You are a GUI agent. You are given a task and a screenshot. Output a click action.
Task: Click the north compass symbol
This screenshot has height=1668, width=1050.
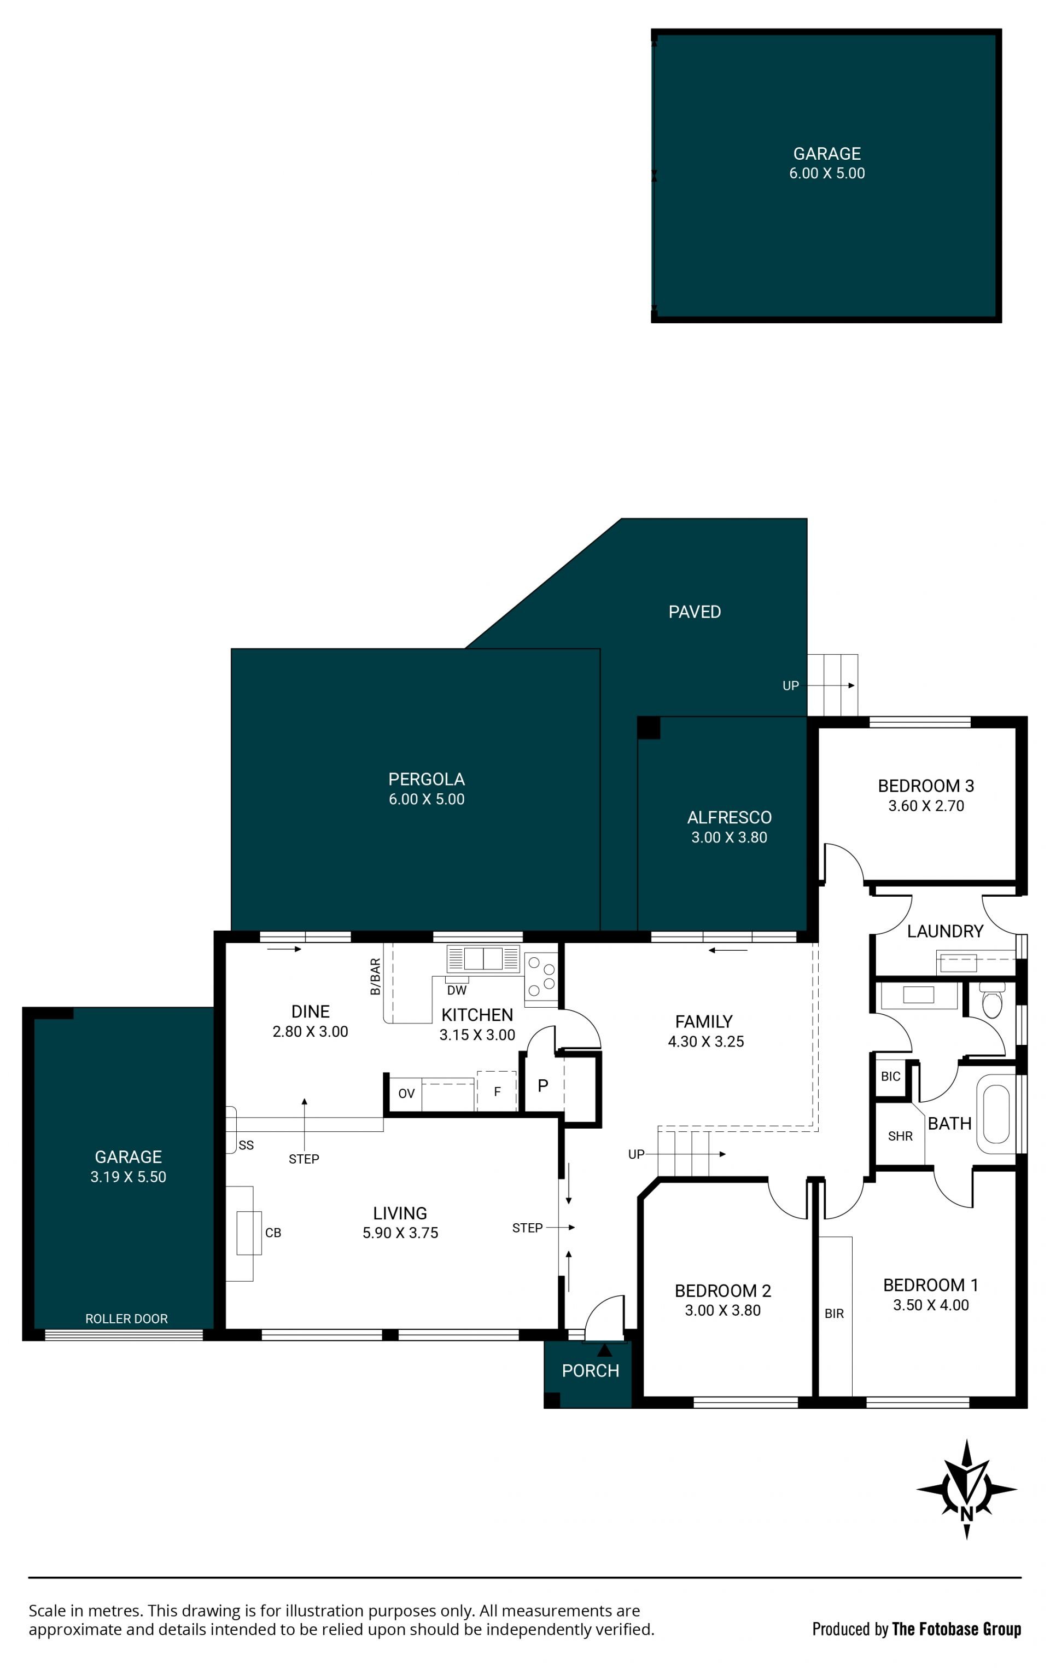(966, 1489)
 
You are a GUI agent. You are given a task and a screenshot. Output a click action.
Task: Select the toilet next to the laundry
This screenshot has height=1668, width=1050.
(992, 1001)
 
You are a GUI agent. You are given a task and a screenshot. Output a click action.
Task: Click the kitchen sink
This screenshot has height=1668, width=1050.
(483, 958)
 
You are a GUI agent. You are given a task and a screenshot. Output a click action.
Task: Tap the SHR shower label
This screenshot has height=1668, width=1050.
(900, 1136)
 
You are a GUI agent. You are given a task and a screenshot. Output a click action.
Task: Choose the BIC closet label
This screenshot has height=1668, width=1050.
(891, 1077)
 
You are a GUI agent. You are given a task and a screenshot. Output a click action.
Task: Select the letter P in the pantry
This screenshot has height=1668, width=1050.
(543, 1085)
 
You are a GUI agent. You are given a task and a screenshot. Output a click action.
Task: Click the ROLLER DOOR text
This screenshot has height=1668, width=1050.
(126, 1319)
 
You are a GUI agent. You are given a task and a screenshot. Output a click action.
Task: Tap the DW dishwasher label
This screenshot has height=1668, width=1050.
(457, 991)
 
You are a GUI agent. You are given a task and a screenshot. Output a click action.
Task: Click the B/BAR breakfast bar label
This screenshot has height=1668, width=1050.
(375, 976)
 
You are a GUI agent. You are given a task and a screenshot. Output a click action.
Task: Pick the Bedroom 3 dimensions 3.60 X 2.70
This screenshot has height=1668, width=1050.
(926, 806)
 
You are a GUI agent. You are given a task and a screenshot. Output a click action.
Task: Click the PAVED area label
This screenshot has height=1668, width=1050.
(695, 612)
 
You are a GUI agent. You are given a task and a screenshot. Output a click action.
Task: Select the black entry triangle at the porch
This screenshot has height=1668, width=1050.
(605, 1350)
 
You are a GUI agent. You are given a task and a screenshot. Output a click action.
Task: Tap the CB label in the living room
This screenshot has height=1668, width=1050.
(273, 1233)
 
